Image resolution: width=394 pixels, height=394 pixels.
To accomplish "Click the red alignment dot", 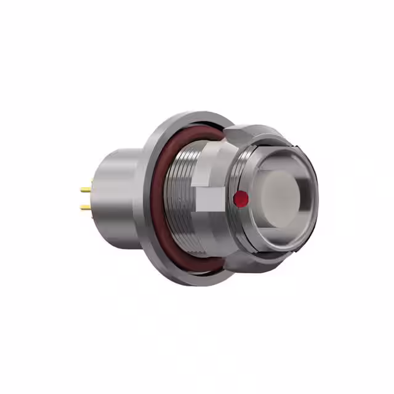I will (x=241, y=198).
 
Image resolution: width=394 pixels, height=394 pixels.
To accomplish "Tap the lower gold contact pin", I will (x=86, y=207).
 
